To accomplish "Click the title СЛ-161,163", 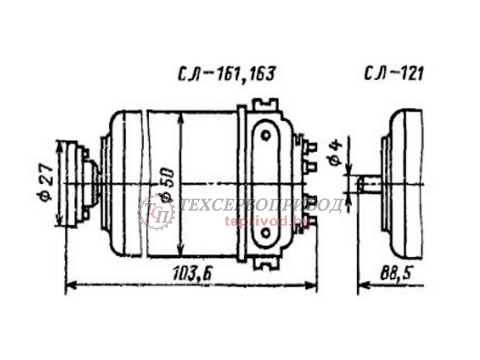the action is (227, 74).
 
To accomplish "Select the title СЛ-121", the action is (394, 74).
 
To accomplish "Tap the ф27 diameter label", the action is (47, 182).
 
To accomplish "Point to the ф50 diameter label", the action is (167, 185).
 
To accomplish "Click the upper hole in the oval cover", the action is (266, 135).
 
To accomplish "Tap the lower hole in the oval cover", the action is (266, 233).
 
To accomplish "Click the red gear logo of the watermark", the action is (157, 212).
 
